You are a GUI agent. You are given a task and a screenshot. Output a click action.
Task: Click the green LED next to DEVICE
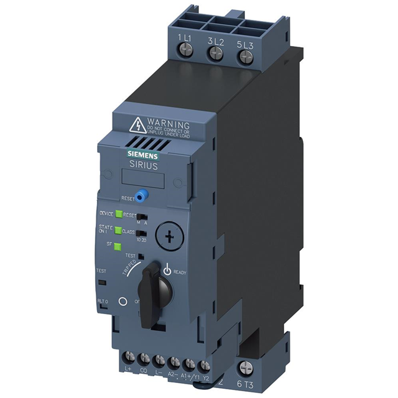[118, 214]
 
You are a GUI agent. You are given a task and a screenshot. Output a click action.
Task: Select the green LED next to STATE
[118, 231]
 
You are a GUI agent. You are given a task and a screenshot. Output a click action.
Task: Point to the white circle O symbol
[123, 300]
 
